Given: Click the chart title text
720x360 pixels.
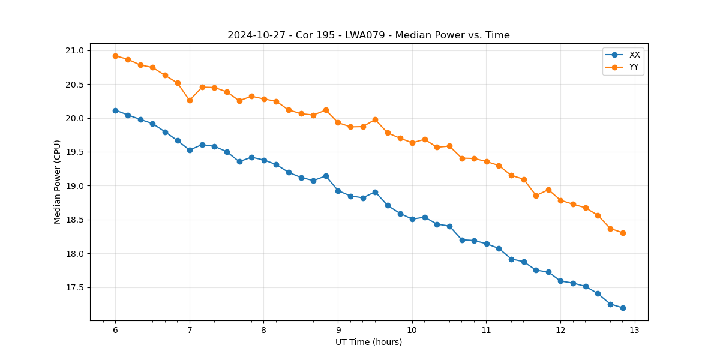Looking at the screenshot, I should tap(368, 35).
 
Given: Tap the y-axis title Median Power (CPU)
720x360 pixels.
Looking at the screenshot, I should tap(58, 182).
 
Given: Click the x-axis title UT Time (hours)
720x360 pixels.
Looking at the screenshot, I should tap(368, 342).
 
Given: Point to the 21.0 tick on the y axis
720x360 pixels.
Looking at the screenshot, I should tap(77, 50).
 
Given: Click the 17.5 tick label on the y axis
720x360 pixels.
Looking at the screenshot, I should tap(77, 288).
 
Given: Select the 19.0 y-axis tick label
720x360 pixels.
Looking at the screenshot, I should tap(77, 186).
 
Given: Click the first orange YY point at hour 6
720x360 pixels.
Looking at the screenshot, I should tap(115, 56).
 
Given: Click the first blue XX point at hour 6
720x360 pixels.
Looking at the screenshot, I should tap(115, 110).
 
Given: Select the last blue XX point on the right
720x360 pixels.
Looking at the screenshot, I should tap(623, 308).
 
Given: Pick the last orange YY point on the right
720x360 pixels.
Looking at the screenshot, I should tap(623, 233).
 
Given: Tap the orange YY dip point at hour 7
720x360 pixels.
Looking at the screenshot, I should tap(190, 100).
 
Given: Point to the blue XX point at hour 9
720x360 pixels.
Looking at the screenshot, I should tap(338, 191).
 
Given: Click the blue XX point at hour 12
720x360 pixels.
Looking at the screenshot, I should tap(560, 281).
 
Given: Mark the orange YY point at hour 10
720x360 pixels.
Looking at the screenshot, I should tap(412, 143).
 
